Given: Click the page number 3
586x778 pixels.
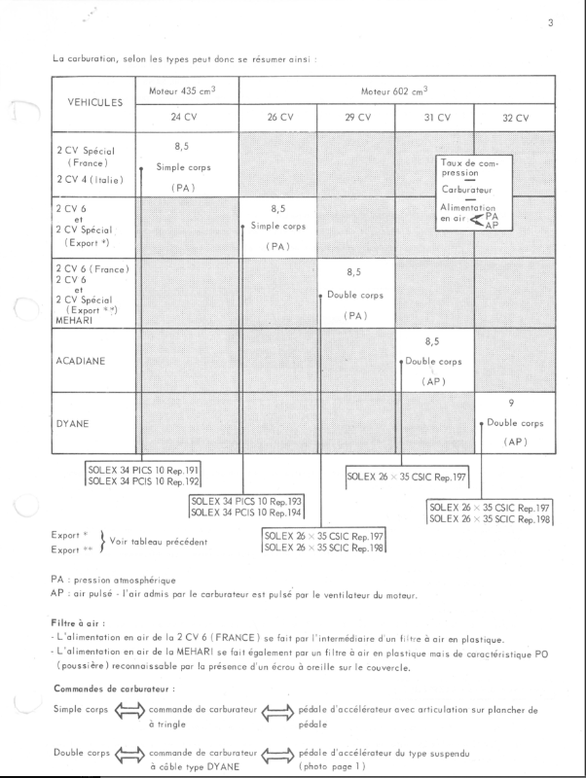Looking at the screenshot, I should coord(550,22).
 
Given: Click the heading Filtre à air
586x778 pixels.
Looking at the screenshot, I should coord(76,620).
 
